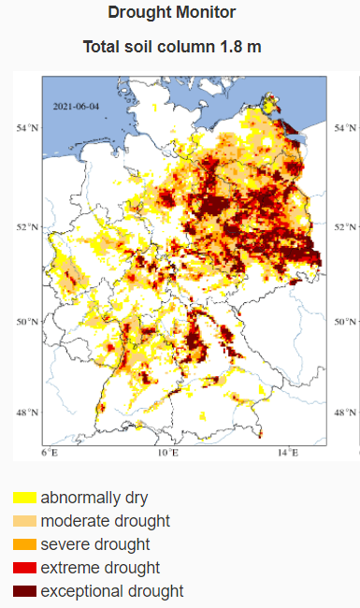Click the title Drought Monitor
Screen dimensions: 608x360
(172, 12)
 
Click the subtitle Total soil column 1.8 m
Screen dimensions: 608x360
(172, 47)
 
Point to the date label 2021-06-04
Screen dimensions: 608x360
(76, 108)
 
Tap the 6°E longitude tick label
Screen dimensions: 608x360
(50, 453)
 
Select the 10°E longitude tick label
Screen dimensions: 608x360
(168, 453)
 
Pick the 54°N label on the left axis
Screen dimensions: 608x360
(27, 127)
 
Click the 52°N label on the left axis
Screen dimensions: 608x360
(27, 226)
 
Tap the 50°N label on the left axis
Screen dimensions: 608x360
(27, 321)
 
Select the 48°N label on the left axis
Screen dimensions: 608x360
(27, 412)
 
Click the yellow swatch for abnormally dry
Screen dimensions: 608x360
(24, 498)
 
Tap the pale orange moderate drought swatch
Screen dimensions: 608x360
(24, 521)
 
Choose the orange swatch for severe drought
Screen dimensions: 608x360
(24, 544)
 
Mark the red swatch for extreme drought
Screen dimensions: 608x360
(24, 568)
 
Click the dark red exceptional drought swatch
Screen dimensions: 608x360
(24, 591)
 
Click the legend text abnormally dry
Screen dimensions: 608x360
(94, 498)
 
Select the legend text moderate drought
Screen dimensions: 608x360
(105, 521)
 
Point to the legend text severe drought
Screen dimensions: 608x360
(94, 544)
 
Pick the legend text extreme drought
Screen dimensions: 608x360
(100, 568)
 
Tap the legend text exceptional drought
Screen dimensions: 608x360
(111, 591)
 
